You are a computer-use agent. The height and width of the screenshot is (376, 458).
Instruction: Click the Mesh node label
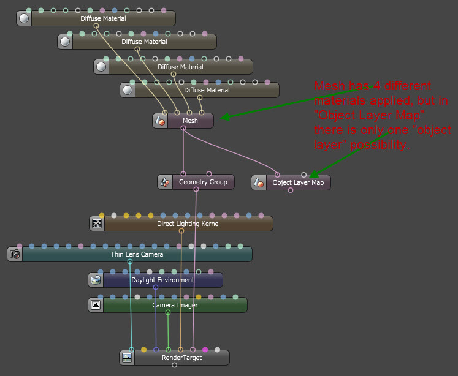tap(191, 121)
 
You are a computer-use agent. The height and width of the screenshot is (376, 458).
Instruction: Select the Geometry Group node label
tap(203, 182)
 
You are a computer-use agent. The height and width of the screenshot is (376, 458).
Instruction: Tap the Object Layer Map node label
tap(298, 182)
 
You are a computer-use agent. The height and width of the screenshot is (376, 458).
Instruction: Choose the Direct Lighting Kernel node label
tap(188, 224)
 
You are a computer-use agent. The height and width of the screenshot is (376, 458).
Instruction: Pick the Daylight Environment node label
tap(162, 280)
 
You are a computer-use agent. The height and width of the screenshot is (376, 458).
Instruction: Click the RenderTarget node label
tap(181, 358)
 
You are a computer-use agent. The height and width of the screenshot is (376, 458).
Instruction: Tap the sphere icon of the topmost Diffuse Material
tap(24, 18)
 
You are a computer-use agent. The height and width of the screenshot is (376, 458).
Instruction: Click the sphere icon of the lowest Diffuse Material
tap(128, 90)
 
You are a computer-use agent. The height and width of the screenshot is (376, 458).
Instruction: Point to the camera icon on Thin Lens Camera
tap(15, 254)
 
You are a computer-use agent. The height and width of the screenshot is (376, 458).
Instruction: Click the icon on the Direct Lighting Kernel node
tap(96, 224)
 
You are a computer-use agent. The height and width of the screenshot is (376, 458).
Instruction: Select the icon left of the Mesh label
tap(159, 121)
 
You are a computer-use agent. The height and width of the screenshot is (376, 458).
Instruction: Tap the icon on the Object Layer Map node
tap(259, 182)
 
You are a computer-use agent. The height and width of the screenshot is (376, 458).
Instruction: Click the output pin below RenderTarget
tap(175, 365)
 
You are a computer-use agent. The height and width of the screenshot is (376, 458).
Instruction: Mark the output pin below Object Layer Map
tap(291, 190)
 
